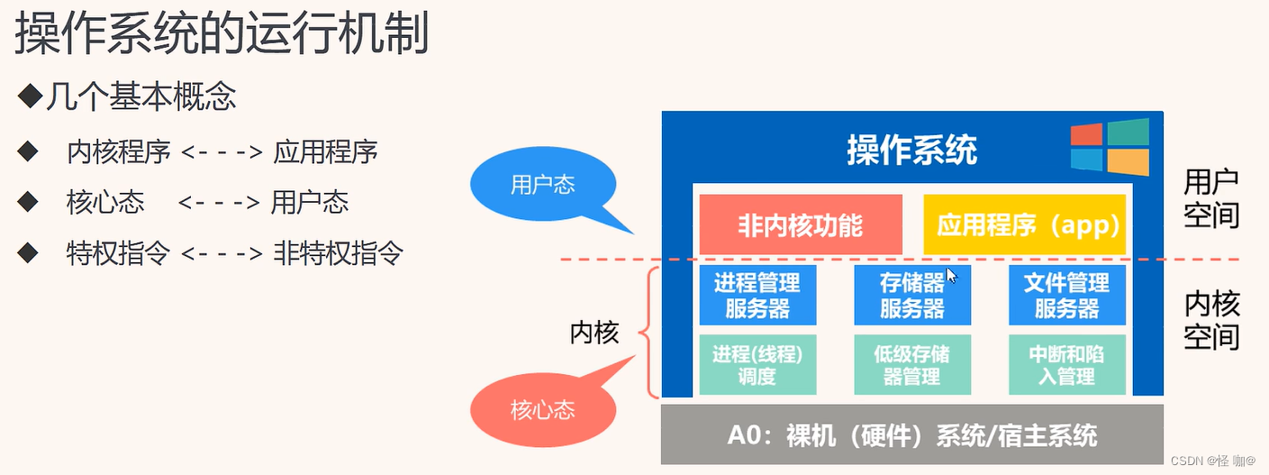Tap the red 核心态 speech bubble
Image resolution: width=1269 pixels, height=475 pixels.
[x=542, y=411]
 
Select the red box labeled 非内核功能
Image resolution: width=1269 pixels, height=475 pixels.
[x=800, y=224]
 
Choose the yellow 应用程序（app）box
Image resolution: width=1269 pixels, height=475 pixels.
[x=1025, y=224]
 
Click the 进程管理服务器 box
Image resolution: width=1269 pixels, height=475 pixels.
[x=757, y=296]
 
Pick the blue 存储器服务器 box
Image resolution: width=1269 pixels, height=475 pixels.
[x=911, y=296]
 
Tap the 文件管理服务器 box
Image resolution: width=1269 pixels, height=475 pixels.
[x=1067, y=296]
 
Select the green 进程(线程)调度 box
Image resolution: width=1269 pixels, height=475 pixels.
[x=757, y=365]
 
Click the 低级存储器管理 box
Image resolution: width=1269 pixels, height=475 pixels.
[x=911, y=365]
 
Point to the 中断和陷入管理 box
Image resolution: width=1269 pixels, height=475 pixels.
[x=1067, y=365]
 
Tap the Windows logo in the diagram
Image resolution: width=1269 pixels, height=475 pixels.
[x=1110, y=147]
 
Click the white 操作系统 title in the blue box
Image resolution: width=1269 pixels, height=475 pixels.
[x=911, y=151]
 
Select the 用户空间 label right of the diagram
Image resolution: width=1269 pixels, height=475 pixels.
[x=1211, y=198]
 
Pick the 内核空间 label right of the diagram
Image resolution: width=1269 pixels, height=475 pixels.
[x=1211, y=321]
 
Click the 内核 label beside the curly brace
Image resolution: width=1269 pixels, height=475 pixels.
[x=594, y=333]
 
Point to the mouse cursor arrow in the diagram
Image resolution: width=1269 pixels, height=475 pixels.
[x=951, y=275]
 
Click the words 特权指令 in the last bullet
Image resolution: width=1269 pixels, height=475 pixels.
[x=118, y=253]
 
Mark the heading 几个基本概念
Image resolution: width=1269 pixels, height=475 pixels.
[x=140, y=96]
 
